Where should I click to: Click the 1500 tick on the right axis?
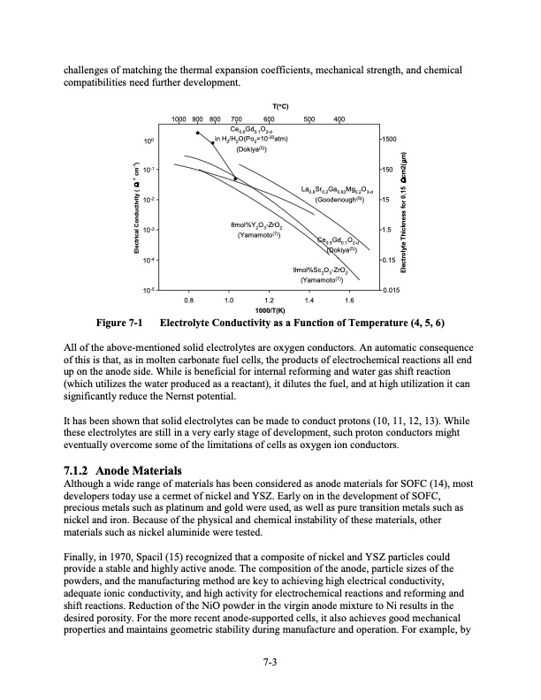pos(390,140)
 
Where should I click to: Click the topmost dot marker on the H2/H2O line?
pos(197,133)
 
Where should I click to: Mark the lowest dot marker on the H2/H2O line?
pos(235,179)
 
